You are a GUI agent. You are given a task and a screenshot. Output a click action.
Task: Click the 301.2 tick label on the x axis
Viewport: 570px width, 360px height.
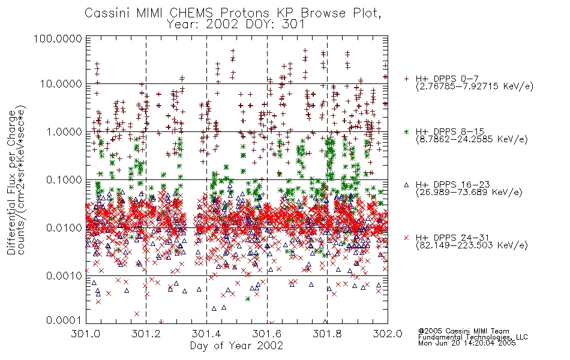(x=146, y=334)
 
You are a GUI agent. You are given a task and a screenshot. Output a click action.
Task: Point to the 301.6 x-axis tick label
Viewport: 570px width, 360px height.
(x=267, y=334)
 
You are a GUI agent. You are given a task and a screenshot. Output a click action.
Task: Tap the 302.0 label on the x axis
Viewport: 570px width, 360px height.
(x=388, y=334)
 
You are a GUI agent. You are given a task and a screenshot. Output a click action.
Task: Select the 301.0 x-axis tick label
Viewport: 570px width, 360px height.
(x=86, y=334)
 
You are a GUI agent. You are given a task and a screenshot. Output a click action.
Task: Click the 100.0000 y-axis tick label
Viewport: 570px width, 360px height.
(x=58, y=38)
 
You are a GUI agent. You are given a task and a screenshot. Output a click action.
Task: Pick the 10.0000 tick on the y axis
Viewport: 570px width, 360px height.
(x=61, y=84)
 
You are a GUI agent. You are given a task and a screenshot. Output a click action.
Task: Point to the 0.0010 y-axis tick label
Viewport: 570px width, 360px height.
(x=64, y=276)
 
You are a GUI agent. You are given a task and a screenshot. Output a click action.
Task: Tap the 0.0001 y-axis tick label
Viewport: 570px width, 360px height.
(x=64, y=320)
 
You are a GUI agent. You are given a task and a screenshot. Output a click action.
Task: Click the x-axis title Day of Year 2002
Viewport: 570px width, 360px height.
(x=236, y=346)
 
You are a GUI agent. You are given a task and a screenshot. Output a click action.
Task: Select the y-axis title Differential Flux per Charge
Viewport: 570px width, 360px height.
(x=11, y=182)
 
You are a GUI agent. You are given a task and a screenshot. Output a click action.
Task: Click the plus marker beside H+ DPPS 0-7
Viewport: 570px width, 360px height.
(x=406, y=79)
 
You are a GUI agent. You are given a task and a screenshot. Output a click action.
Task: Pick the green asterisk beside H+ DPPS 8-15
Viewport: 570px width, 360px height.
(x=406, y=131)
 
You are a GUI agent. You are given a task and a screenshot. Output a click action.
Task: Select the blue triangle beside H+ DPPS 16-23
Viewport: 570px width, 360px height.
(x=406, y=185)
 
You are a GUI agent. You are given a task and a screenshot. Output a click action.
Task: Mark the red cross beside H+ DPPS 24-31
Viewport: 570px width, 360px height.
(x=406, y=238)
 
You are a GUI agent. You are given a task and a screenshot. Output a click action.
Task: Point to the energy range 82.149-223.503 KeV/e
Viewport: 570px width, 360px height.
(x=472, y=245)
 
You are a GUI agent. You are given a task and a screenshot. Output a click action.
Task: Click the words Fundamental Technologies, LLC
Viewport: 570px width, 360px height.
(x=473, y=337)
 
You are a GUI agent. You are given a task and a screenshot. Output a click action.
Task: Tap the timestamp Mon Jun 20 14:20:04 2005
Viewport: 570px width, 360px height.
(x=467, y=343)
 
